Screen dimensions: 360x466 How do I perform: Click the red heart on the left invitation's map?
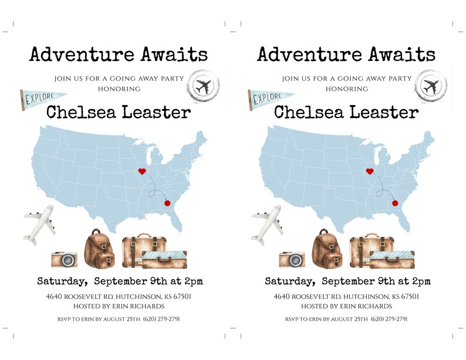141,171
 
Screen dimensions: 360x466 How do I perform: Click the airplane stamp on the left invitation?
202,87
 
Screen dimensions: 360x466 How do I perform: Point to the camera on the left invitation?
64,259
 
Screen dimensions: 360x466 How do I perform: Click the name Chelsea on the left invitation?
80,112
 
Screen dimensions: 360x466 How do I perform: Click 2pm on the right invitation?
420,281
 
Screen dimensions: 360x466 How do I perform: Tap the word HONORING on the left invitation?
119,89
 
